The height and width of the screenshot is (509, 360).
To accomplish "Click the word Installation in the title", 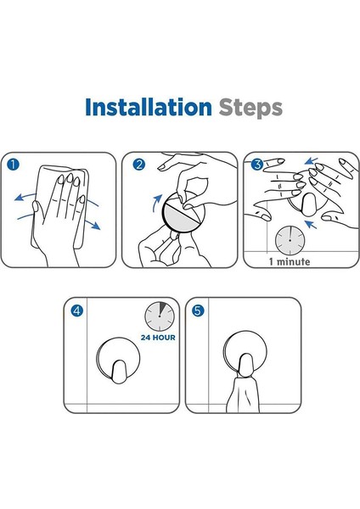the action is (148, 107).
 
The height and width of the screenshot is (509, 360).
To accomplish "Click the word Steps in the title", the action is (250, 109).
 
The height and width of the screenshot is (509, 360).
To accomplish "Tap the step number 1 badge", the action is (13, 165).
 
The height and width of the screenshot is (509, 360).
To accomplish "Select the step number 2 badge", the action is (138, 165).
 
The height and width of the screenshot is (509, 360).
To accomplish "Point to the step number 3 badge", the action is (257, 165).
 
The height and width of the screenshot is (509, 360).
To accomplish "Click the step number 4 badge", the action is (77, 311).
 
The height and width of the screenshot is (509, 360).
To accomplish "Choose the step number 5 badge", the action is (198, 311).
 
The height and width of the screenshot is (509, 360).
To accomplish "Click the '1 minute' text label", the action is (290, 261).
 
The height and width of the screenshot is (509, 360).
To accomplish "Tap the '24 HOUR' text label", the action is (158, 338).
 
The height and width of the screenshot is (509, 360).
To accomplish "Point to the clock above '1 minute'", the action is (290, 241).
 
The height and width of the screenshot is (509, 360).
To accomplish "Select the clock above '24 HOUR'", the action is (160, 316).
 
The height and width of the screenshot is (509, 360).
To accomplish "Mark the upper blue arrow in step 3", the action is (311, 160).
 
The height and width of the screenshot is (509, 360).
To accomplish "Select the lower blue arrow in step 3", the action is (310, 224).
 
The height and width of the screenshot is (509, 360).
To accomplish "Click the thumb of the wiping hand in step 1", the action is (37, 211).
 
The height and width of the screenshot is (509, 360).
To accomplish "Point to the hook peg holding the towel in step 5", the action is (245, 365).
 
